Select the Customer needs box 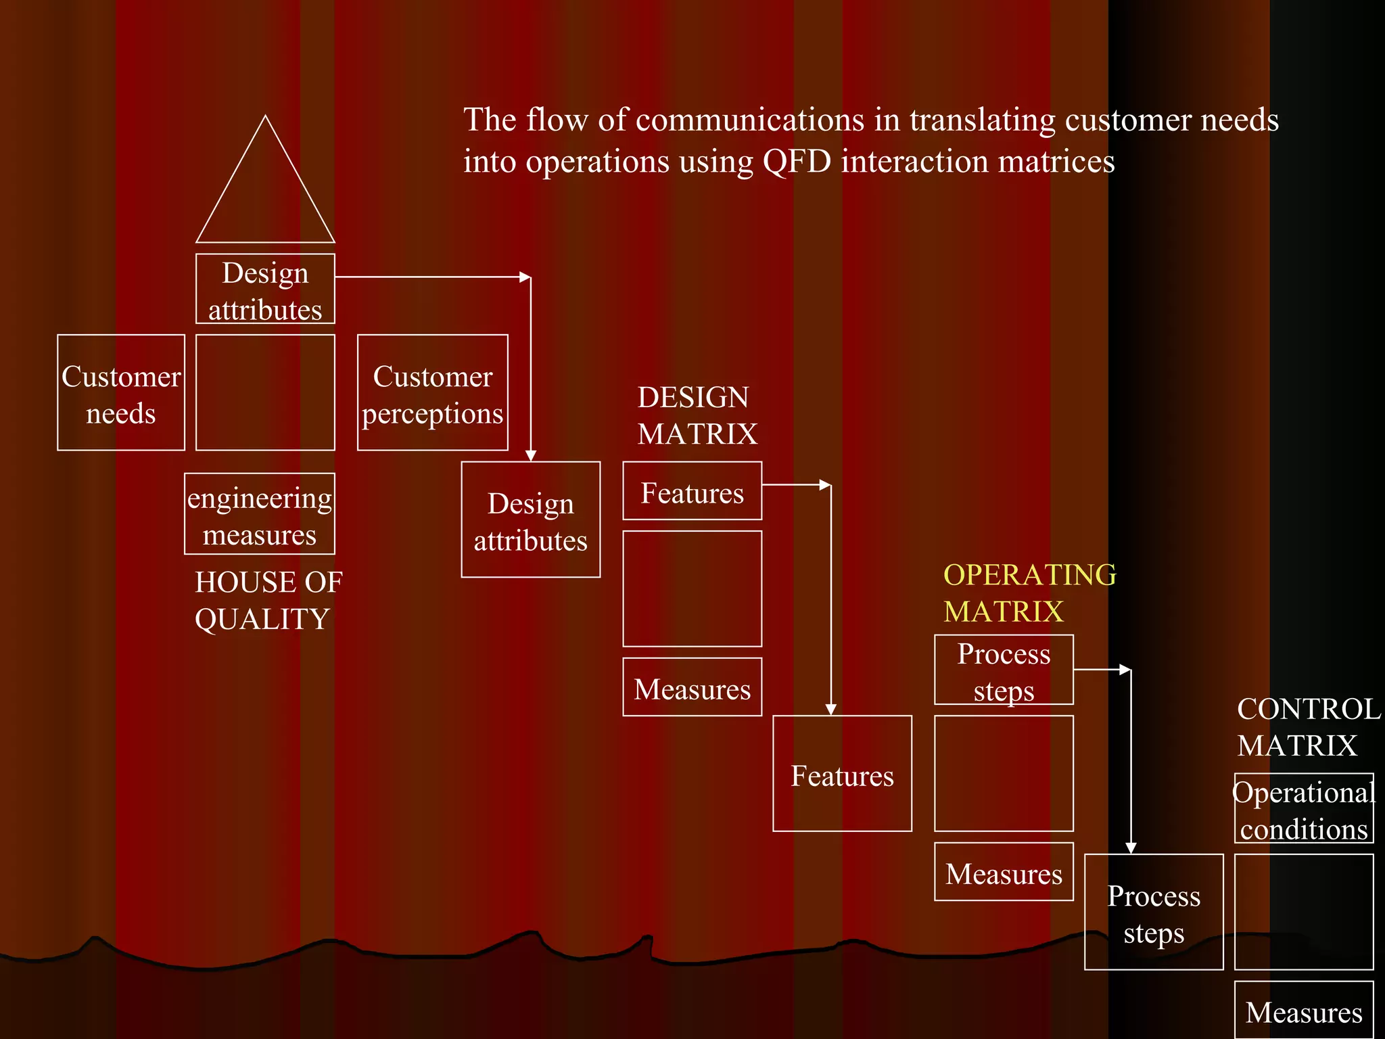(121, 393)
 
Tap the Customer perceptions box (433, 393)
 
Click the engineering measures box (260, 514)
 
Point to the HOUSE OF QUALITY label (268, 601)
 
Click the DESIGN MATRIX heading (697, 415)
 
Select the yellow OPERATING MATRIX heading (1029, 593)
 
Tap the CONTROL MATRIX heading (1308, 727)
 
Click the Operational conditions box (1304, 809)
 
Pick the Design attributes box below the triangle (265, 290)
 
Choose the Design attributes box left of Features (531, 520)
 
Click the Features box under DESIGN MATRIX (692, 492)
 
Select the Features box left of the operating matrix (843, 774)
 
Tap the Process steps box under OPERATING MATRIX (1004, 670)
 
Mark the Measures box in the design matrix (692, 688)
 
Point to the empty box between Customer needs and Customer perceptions (265, 393)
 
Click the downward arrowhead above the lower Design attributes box (531, 455)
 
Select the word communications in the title (749, 120)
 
